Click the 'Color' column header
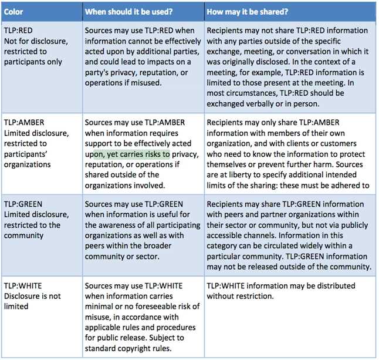click(13, 12)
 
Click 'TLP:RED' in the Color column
click(18, 30)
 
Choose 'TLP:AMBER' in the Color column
click(22, 122)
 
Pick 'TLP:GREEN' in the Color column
click(22, 204)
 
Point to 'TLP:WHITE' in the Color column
click(22, 285)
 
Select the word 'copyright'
click(134, 348)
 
